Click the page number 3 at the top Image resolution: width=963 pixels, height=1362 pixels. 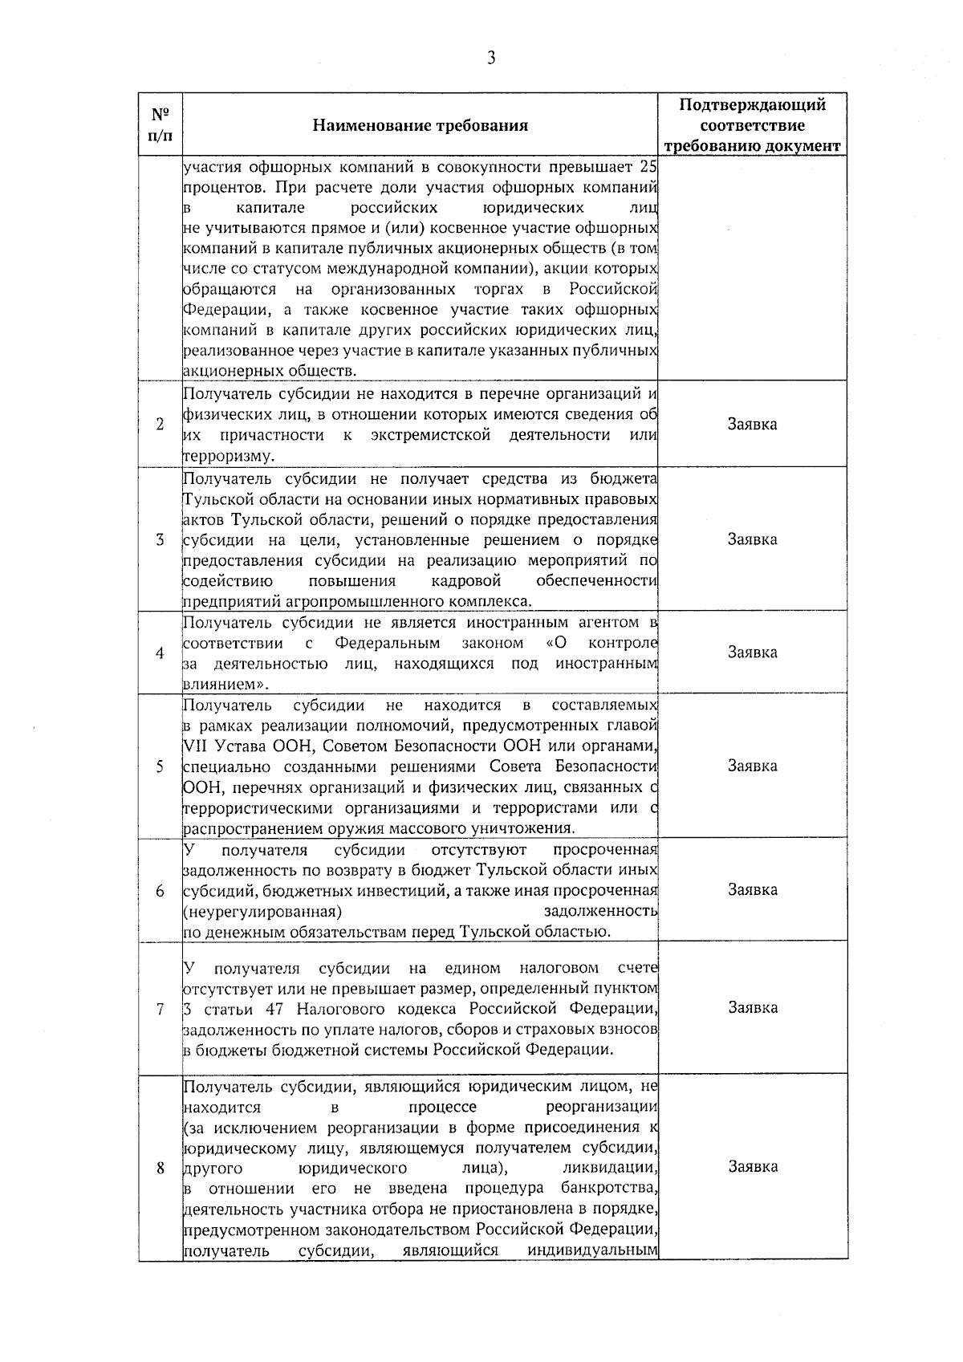[x=490, y=58]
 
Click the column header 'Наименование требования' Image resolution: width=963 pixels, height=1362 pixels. [x=420, y=125]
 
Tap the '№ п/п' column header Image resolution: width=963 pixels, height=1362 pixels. [x=160, y=125]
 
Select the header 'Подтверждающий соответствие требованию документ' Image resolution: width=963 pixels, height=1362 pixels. [x=752, y=125]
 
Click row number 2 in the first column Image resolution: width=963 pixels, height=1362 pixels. [x=160, y=424]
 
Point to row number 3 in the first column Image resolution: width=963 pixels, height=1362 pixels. [x=160, y=539]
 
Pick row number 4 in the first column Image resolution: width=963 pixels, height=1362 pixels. [x=160, y=653]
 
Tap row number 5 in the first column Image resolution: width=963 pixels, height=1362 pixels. [x=160, y=766]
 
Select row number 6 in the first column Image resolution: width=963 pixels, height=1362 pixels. [x=160, y=890]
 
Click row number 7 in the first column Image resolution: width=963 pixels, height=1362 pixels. [x=160, y=1008]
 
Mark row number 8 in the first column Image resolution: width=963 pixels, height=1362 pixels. [x=160, y=1168]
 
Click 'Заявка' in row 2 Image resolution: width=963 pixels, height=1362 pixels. [x=752, y=424]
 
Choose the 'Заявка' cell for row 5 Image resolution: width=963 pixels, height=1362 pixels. [x=752, y=766]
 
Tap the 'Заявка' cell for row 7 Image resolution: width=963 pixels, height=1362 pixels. [x=752, y=1008]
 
